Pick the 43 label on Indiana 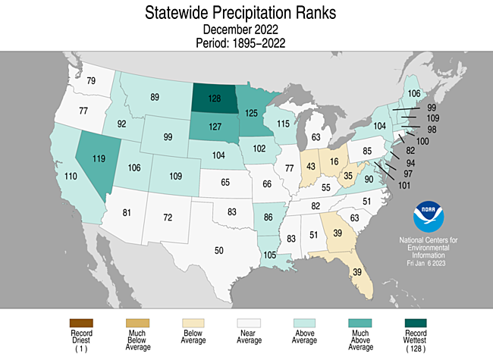[x=311, y=166]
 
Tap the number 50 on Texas [x=220, y=250]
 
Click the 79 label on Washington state [x=90, y=81]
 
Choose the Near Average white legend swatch [x=247, y=324]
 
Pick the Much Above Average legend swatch [x=359, y=324]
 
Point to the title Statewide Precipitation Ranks [x=246, y=13]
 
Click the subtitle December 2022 [x=246, y=30]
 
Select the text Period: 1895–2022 [x=246, y=42]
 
